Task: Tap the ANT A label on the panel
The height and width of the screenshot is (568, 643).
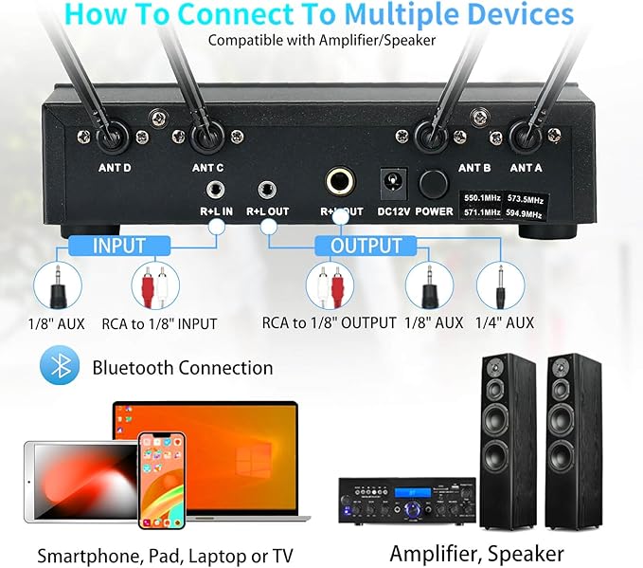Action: [x=527, y=169]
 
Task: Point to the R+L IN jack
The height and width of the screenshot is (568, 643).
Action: [x=216, y=187]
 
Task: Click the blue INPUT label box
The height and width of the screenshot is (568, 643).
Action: [x=118, y=247]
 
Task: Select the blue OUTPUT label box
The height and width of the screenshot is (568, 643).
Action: [x=366, y=247]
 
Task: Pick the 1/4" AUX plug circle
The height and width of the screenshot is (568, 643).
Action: [x=501, y=285]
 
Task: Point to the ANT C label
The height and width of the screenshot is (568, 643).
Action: [x=207, y=169]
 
